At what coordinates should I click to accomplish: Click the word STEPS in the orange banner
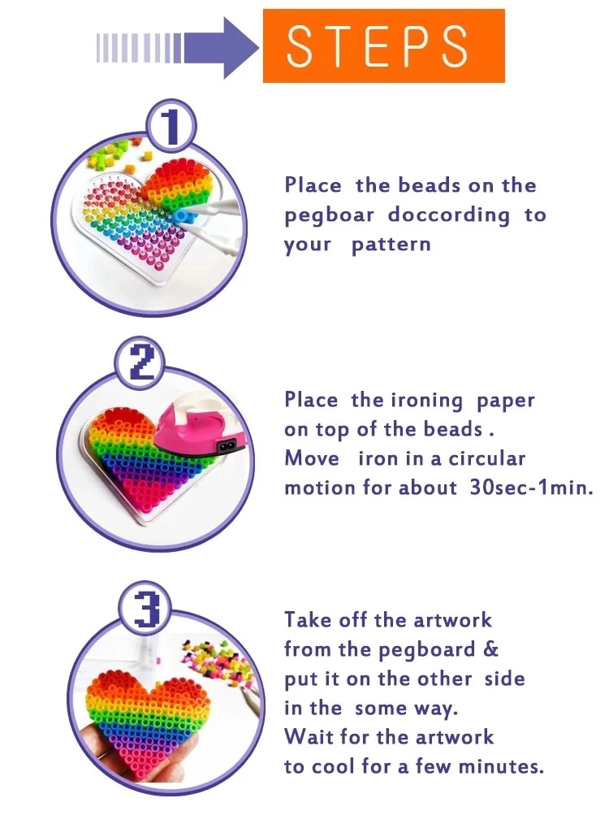378,46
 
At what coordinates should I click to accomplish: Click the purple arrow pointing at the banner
178,48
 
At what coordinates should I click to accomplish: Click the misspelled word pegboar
329,216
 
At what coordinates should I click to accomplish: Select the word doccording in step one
449,215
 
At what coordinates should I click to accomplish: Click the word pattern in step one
391,245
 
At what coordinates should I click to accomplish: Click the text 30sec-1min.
532,488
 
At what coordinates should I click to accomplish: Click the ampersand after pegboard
491,649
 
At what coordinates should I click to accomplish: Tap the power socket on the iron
229,445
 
